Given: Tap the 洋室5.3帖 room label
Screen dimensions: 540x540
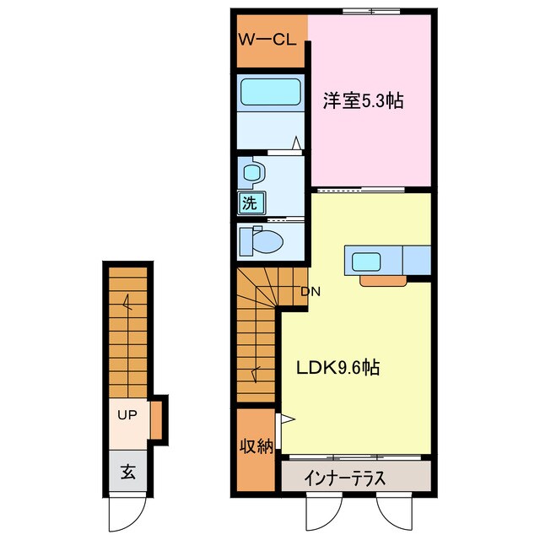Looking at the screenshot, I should click(363, 102).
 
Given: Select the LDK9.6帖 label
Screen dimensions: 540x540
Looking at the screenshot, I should click(337, 368).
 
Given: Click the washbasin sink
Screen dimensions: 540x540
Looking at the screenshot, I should click(252, 174).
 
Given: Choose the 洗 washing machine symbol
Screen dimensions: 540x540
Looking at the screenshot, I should click(250, 202).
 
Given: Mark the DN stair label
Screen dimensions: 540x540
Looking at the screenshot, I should click(310, 292).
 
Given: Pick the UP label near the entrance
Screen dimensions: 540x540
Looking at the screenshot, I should click(127, 415).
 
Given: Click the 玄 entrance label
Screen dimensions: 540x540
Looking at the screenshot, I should click(127, 471).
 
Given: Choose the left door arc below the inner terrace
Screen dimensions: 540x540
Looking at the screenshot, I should click(321, 509).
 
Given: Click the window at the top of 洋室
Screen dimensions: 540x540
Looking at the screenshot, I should click(372, 11).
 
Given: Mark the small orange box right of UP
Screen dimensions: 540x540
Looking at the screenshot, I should click(157, 418).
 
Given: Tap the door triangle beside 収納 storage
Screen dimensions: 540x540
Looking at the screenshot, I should click(285, 418).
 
